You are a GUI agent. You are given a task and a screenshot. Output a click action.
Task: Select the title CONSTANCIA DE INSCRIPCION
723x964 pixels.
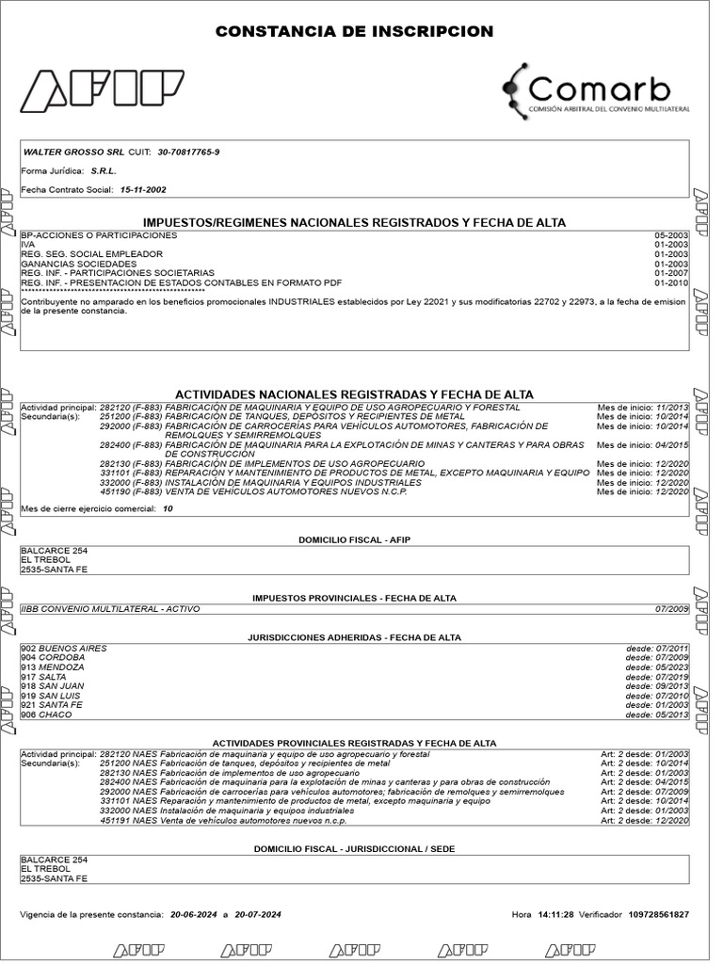(x=354, y=32)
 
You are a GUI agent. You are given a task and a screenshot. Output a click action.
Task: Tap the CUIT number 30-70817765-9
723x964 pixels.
(x=189, y=153)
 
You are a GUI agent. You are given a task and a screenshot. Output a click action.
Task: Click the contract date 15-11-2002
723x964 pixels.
(x=143, y=189)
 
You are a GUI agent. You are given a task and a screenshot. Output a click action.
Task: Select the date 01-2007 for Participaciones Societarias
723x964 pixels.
(x=672, y=273)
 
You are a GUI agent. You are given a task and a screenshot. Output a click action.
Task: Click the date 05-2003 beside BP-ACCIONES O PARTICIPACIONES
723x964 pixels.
(x=672, y=234)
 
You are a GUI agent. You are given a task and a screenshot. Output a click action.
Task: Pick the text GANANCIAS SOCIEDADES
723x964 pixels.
(x=78, y=264)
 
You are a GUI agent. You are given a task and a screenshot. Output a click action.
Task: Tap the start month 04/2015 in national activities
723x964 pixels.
(x=670, y=444)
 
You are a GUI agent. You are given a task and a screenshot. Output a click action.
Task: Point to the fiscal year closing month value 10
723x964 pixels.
(x=168, y=508)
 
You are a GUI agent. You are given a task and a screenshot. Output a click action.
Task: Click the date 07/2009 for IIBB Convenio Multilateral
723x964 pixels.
(x=672, y=609)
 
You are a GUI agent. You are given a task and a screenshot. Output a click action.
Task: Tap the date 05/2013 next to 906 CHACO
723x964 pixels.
(x=672, y=715)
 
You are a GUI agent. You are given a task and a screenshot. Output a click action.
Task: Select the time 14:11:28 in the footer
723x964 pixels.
(x=555, y=914)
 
